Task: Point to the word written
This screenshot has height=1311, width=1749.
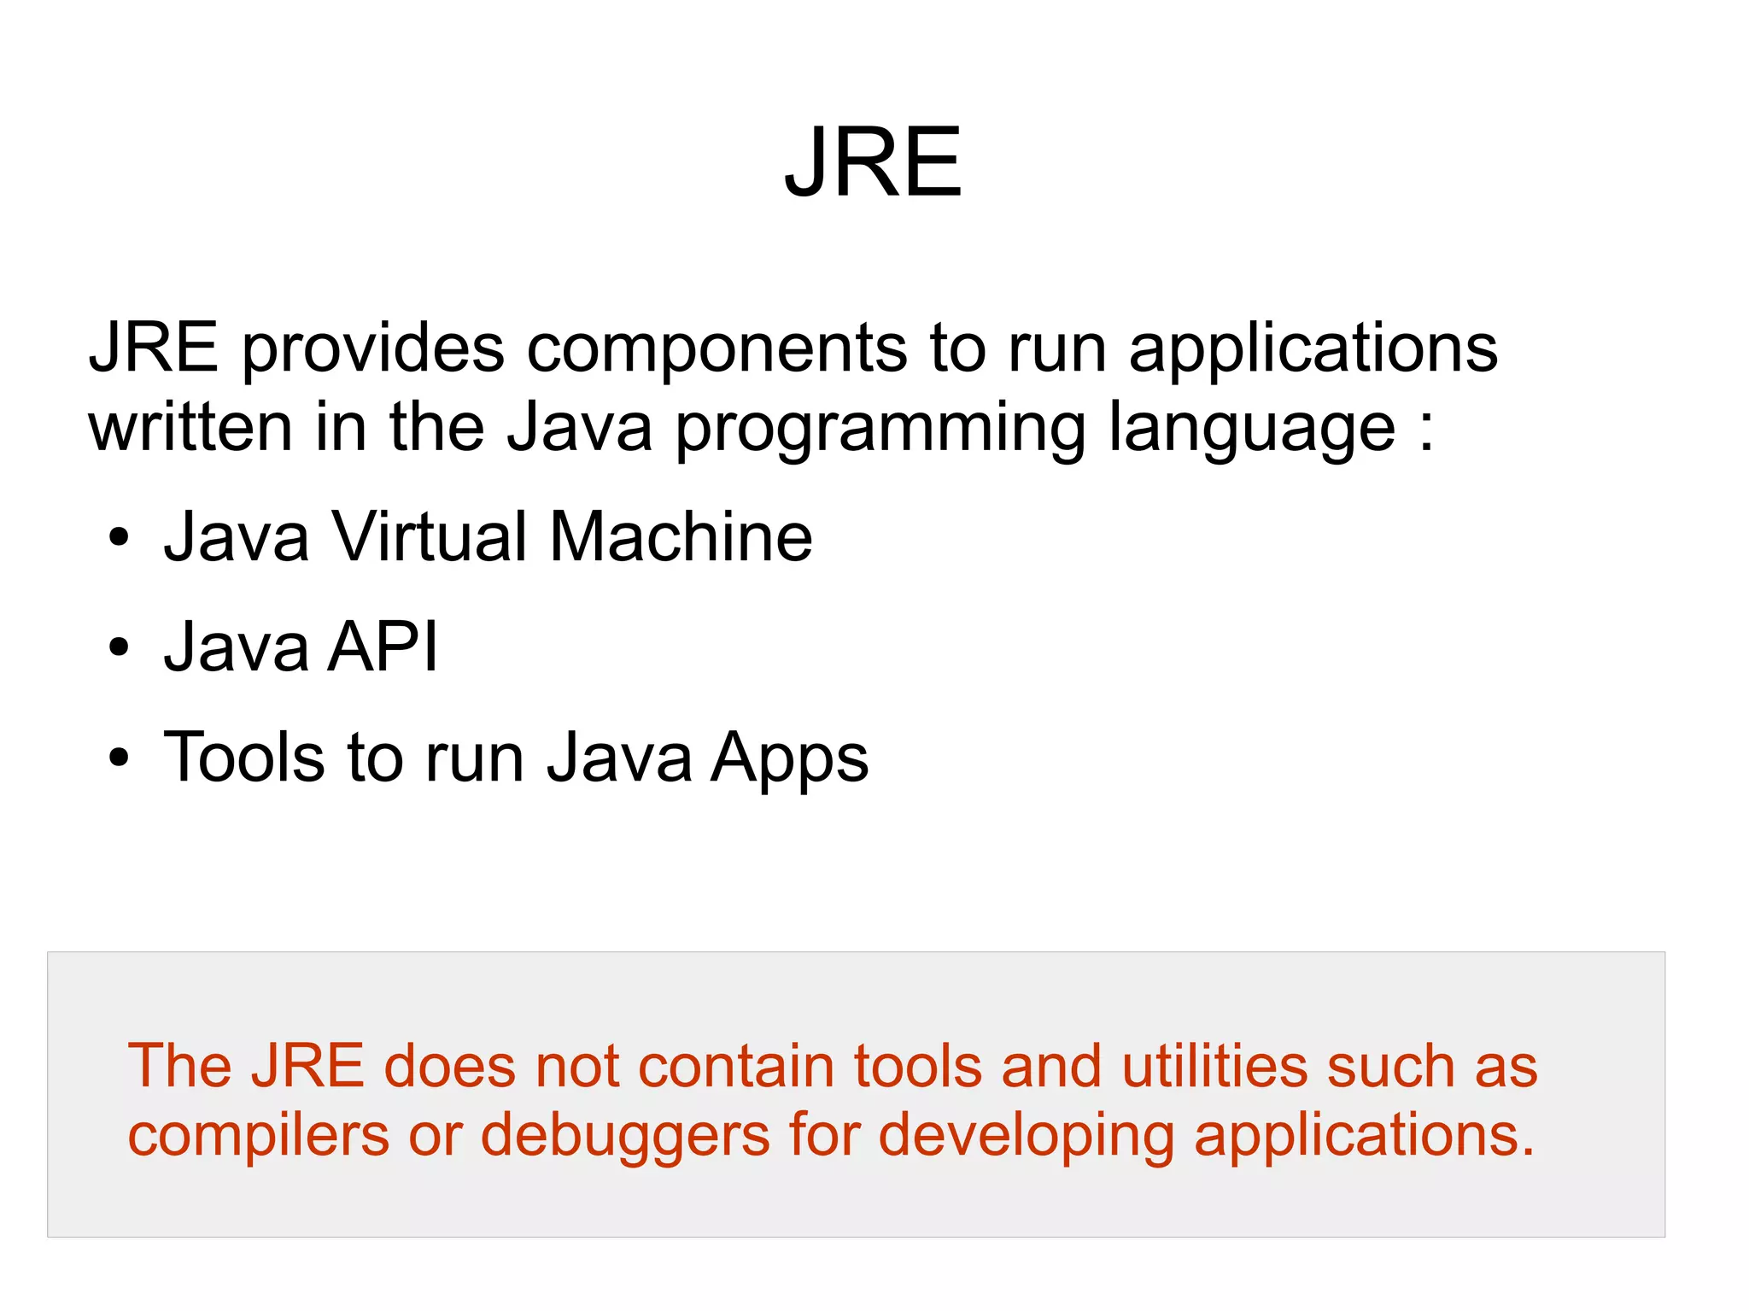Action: [190, 426]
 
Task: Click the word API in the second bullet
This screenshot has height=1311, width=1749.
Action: [384, 647]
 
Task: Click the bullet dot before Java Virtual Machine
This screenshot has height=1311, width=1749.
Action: [119, 539]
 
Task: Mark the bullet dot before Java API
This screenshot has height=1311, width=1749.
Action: [119, 648]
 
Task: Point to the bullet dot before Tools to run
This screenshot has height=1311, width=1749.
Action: [119, 758]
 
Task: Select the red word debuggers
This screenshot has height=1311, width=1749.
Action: [624, 1137]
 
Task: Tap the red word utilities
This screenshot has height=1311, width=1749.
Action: [1214, 1067]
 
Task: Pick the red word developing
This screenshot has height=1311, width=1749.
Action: [1025, 1137]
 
